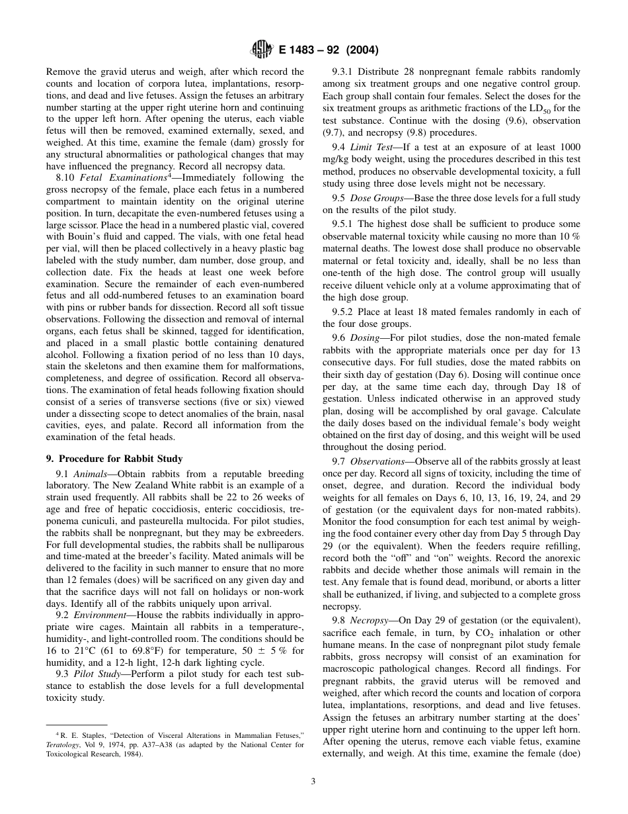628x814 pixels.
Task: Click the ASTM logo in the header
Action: click(258, 50)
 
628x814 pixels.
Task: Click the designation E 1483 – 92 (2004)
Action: click(325, 50)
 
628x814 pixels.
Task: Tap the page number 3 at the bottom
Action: click(313, 781)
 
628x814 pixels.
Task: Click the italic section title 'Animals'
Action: click(91, 474)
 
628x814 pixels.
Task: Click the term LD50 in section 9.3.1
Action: click(557, 108)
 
